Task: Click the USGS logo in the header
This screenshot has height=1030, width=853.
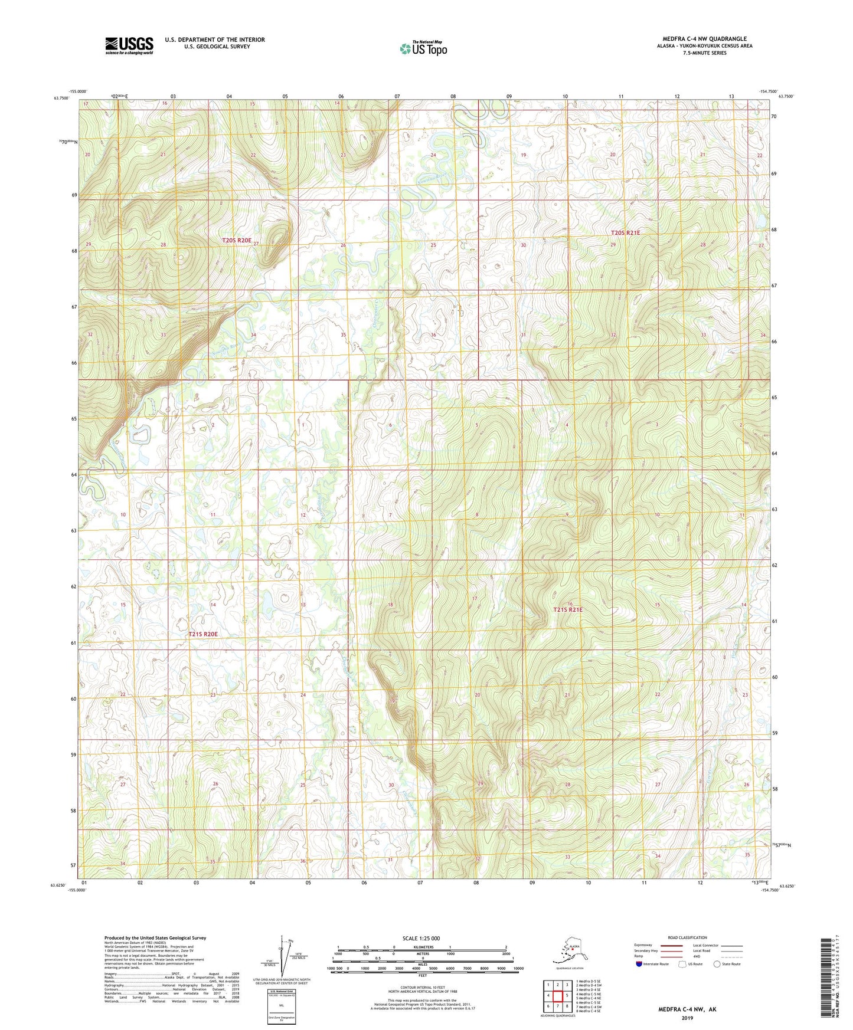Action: click(129, 45)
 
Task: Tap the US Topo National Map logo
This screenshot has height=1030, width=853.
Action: click(423, 48)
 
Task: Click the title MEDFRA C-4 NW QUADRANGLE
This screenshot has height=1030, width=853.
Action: click(704, 39)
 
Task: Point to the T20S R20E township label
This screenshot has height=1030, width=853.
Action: click(237, 241)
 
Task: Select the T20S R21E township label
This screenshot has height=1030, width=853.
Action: click(625, 233)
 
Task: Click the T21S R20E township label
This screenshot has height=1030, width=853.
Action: click(203, 634)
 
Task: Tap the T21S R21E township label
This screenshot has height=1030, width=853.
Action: click(567, 609)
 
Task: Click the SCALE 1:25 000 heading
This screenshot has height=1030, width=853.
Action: click(422, 939)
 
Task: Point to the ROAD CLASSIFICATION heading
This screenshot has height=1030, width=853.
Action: click(687, 937)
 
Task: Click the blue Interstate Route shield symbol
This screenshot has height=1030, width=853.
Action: click(639, 964)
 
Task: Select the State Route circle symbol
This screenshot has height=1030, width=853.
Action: click(717, 964)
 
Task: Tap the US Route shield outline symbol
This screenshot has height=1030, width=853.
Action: click(682, 964)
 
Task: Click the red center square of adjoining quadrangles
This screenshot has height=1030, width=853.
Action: click(557, 996)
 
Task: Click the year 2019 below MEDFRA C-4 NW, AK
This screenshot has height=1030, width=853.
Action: click(687, 1018)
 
